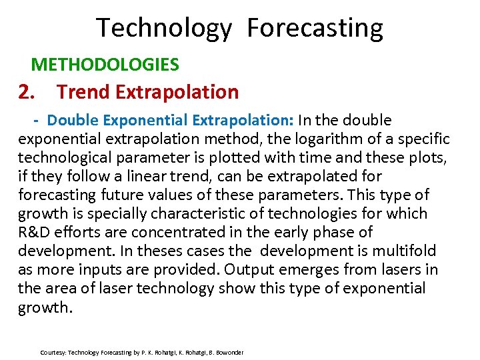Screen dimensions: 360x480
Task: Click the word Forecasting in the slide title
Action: [x=315, y=29]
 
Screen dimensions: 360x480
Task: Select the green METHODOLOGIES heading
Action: [x=105, y=64]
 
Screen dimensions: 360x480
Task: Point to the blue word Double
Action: [x=73, y=120]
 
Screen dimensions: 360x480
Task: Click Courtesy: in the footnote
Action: [x=53, y=352]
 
